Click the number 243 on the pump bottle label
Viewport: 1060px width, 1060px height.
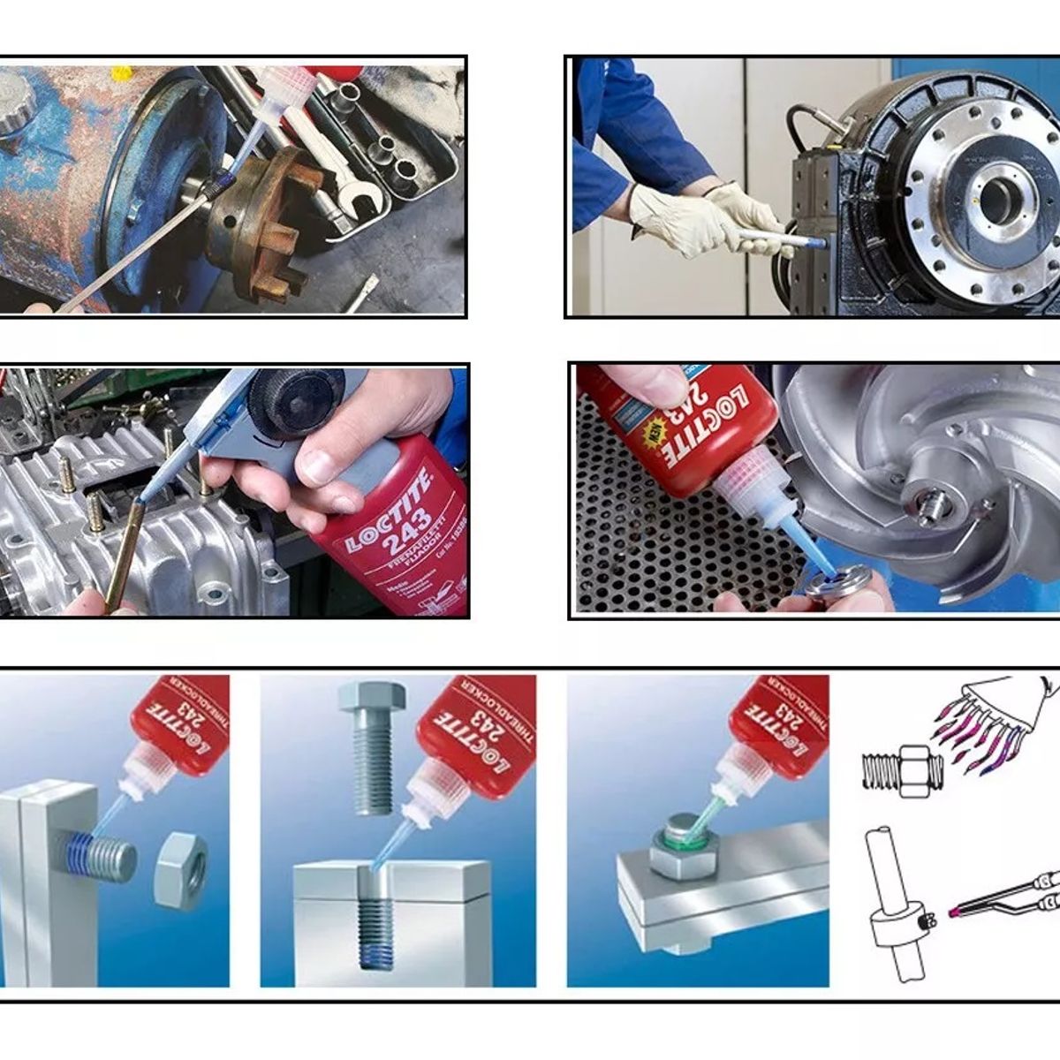point(412,521)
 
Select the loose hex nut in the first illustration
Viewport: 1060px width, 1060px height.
point(181,870)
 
